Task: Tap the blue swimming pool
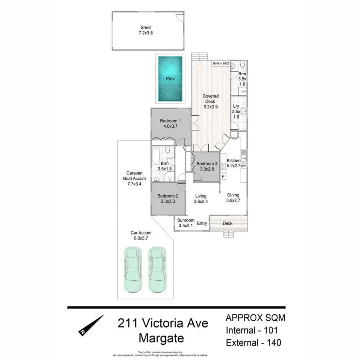[170, 78]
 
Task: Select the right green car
[156, 269]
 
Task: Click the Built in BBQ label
[220, 63]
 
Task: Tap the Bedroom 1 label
[170, 121]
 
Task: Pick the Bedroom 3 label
[207, 164]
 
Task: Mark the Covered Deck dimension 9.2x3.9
[210, 107]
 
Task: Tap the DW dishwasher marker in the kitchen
[243, 166]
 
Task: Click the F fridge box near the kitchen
[223, 176]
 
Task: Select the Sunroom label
[186, 220]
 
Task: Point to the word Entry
[202, 223]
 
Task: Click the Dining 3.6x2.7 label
[233, 198]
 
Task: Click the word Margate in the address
[161, 338]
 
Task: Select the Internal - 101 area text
[252, 330]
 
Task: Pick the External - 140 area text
[253, 343]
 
